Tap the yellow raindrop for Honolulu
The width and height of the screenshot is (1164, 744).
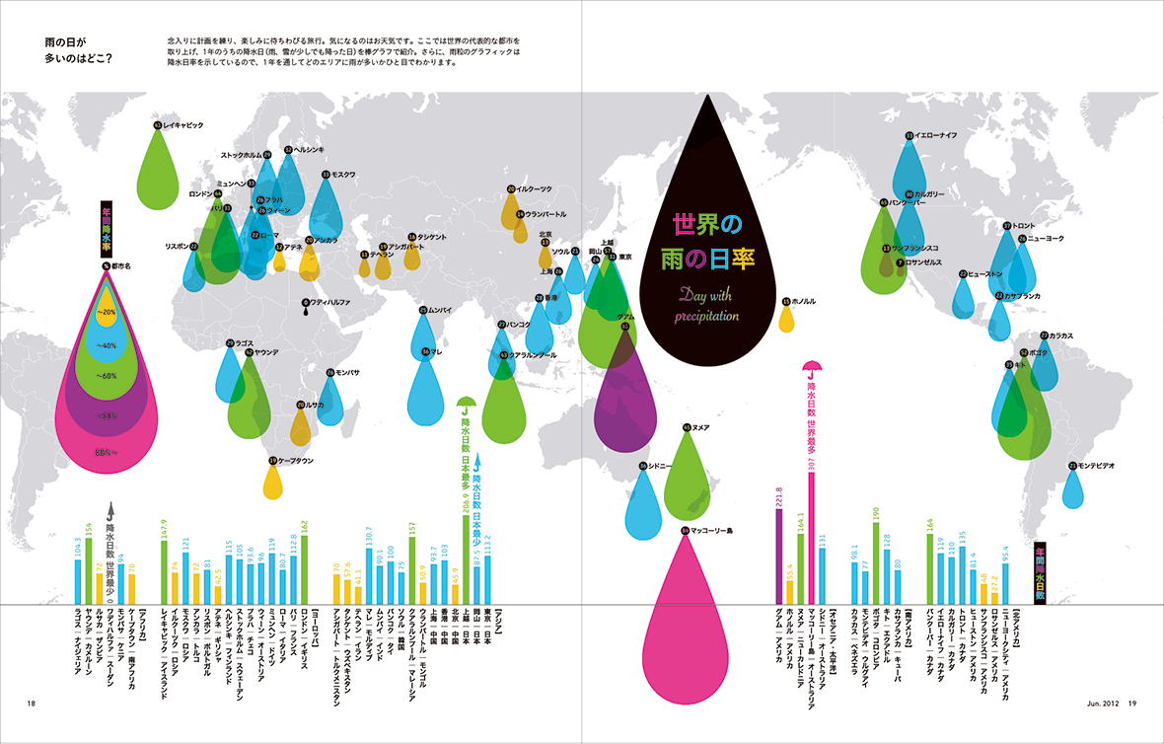coord(786,318)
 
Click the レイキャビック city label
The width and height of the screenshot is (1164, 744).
coord(182,126)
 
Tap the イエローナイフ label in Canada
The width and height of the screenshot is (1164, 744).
coord(936,135)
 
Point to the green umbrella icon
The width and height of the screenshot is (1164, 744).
coord(467,404)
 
